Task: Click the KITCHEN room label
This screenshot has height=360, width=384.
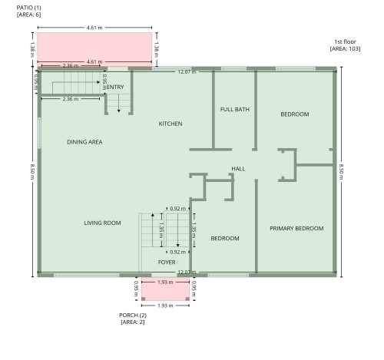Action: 170,124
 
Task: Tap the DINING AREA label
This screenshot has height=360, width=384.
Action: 84,142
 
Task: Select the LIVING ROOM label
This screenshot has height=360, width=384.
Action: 102,223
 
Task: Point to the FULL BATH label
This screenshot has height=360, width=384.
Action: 234,110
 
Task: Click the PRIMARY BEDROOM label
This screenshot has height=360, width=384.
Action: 296,228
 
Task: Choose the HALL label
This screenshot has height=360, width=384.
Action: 238,169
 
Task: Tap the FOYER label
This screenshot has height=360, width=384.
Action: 167,263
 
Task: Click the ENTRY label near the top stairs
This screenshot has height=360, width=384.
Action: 115,88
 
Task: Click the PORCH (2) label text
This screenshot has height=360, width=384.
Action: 132,315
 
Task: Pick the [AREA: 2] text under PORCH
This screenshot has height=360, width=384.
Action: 132,322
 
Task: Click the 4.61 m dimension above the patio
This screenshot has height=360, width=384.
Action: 94,28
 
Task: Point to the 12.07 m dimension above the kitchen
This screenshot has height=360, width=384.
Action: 187,72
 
